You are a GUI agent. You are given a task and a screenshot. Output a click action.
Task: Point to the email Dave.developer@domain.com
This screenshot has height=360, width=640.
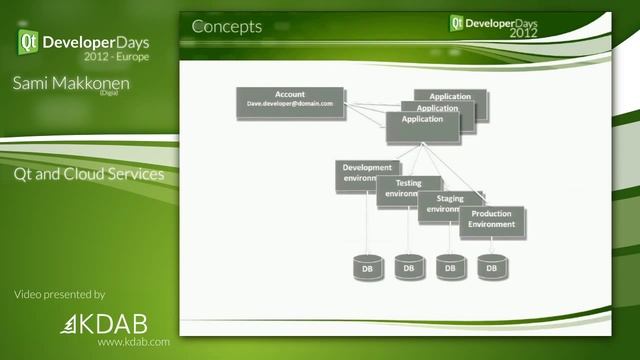290,104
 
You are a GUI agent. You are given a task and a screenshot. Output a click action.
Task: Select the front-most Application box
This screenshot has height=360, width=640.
423,124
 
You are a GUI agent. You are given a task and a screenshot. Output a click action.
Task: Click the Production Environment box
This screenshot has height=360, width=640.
492,220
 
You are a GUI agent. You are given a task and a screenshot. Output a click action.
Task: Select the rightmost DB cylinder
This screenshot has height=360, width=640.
491,267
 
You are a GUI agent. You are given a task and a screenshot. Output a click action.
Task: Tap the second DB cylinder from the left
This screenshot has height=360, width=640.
407,267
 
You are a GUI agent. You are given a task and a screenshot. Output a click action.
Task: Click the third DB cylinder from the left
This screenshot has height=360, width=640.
450,267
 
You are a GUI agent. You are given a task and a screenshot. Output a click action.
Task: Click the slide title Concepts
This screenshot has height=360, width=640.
226,27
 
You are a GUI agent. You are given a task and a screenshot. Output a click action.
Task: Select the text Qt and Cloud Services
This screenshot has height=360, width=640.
89,173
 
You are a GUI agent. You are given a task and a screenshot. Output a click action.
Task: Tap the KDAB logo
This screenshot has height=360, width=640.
109,323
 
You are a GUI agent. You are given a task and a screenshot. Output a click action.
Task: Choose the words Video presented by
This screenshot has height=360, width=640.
60,294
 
